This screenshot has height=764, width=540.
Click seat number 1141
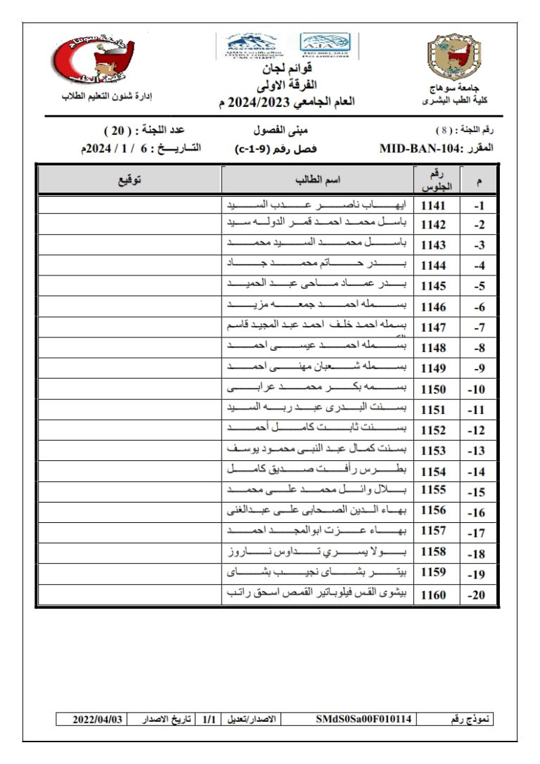(433, 206)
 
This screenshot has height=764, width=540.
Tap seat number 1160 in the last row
(433, 595)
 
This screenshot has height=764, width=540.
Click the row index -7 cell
(480, 328)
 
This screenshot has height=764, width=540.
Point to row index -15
(479, 493)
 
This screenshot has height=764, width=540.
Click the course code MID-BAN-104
(421, 149)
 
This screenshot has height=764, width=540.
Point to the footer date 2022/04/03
(98, 719)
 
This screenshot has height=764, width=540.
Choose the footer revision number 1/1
(209, 719)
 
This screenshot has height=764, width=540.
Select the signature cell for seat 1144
(129, 266)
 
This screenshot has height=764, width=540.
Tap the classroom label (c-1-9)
(254, 149)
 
